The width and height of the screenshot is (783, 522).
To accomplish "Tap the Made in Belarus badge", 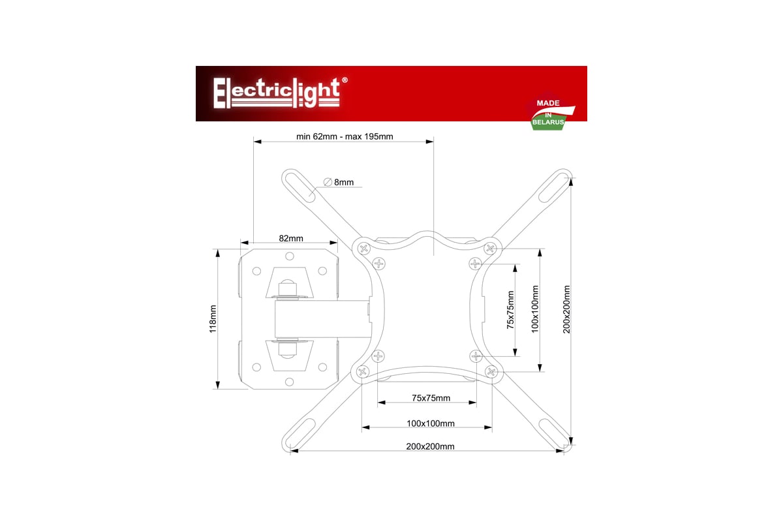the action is click(x=551, y=111).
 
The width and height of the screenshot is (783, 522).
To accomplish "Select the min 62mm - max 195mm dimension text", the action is click(x=345, y=136).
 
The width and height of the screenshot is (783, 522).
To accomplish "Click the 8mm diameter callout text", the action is click(x=344, y=182).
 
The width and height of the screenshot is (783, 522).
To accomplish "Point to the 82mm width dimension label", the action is click(x=291, y=238).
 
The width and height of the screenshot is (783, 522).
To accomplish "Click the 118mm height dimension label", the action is click(x=213, y=319).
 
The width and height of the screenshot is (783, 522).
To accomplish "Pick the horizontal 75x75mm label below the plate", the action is click(x=431, y=398).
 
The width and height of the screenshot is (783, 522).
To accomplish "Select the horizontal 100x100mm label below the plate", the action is click(x=431, y=423).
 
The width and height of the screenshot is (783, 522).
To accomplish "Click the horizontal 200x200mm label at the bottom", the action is click(x=430, y=446).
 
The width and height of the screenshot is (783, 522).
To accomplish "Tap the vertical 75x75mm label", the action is click(x=511, y=310).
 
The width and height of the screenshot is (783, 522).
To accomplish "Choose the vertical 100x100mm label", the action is click(x=535, y=309).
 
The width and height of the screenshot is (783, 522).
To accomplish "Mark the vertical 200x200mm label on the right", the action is click(x=566, y=309).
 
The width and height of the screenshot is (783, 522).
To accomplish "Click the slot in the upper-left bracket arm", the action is click(x=300, y=187).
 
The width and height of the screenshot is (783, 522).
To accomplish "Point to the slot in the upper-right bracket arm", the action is click(x=554, y=187).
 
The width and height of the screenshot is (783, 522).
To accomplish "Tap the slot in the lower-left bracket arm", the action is click(x=300, y=433).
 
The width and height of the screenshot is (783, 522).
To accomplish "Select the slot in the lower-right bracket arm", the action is click(x=554, y=433).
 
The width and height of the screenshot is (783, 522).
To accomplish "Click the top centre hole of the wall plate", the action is click(x=290, y=256).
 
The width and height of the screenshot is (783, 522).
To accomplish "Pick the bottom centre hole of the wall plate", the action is click(x=290, y=382).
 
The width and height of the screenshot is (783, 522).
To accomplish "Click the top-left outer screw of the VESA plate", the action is click(x=364, y=249).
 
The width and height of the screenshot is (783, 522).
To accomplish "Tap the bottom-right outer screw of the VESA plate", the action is click(x=492, y=371).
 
